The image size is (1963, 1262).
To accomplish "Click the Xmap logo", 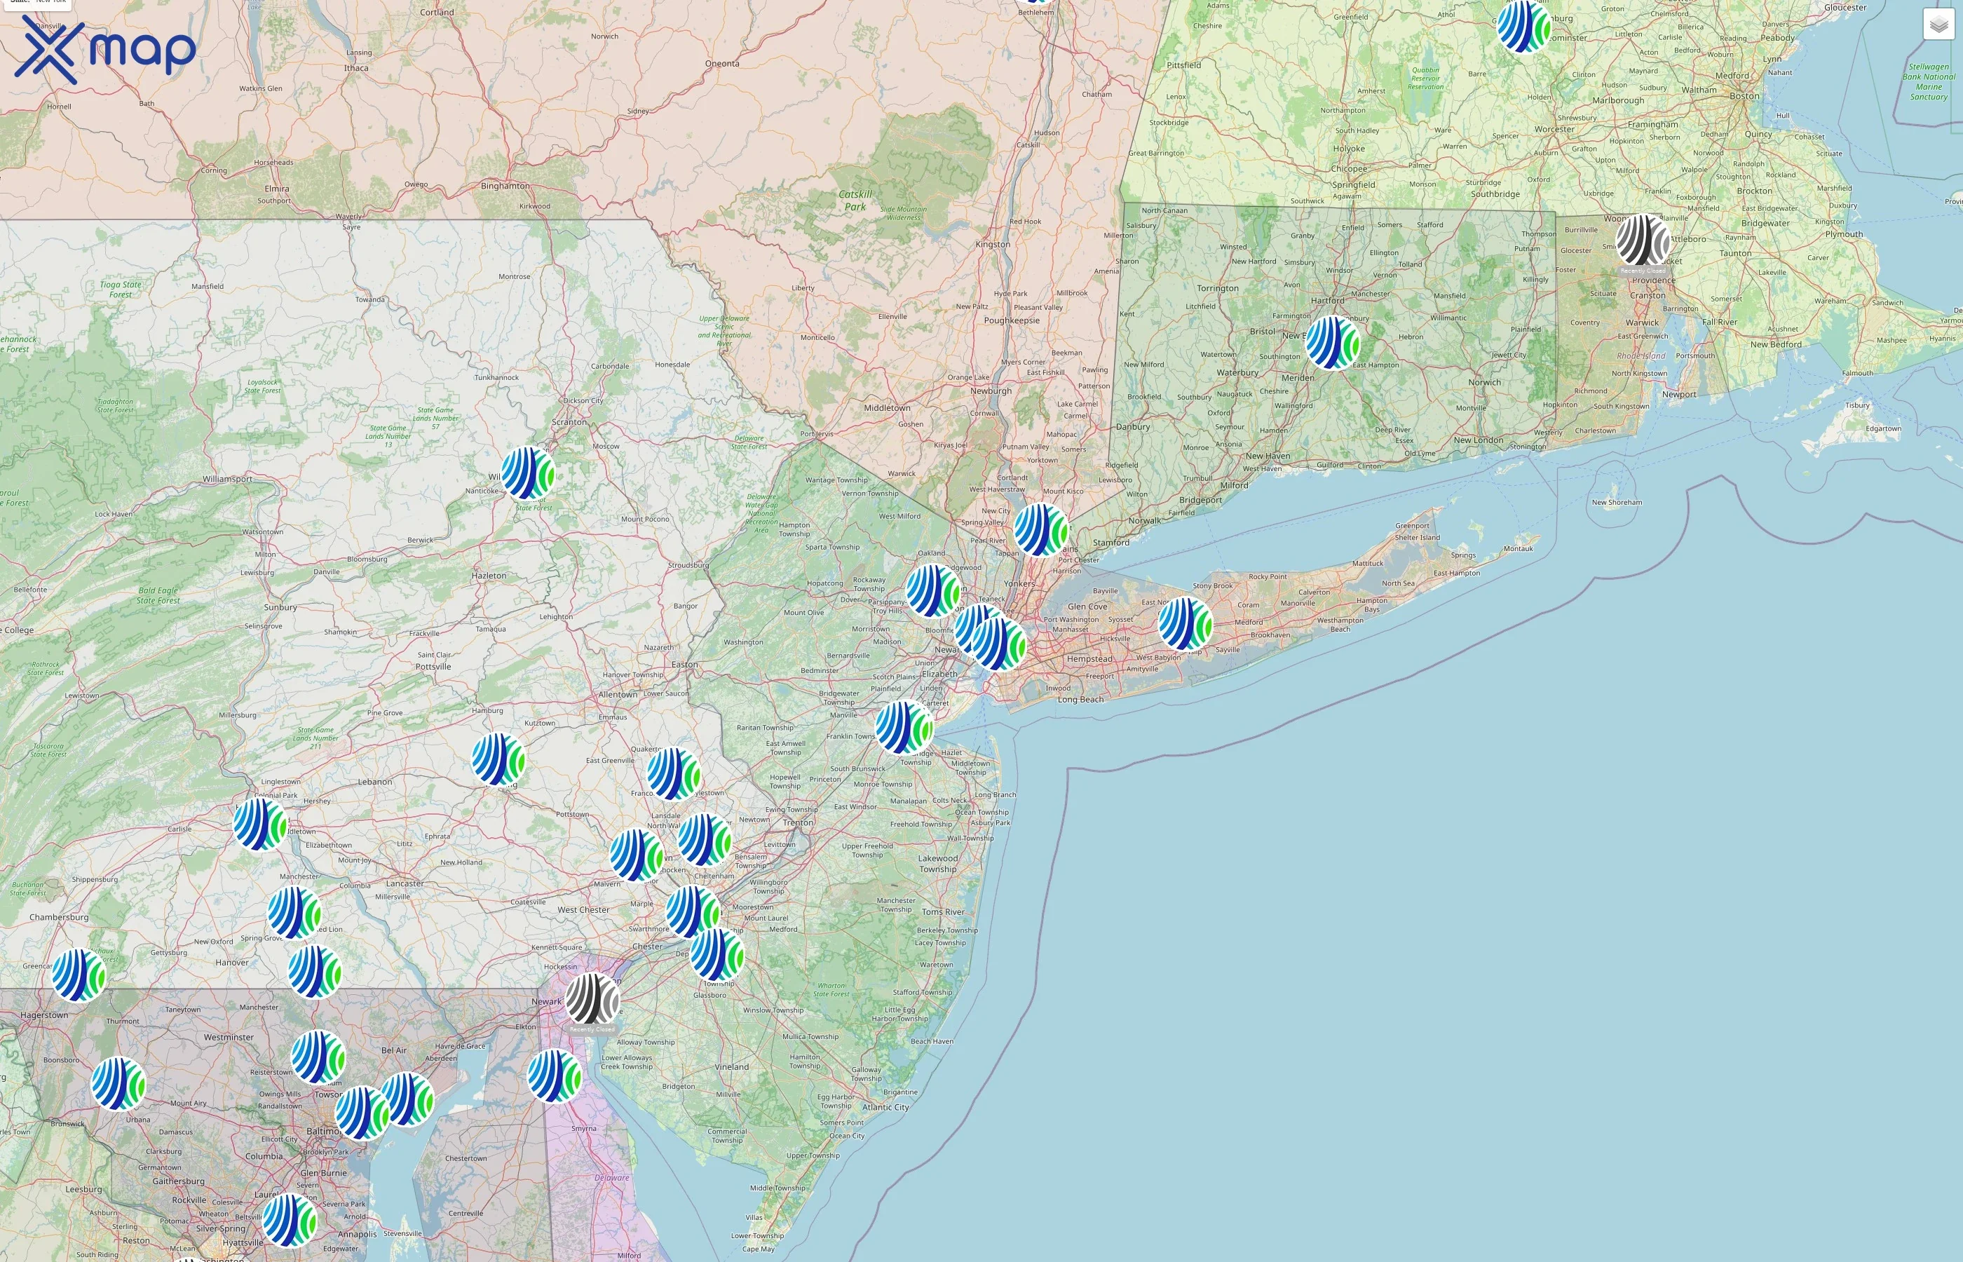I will tap(105, 49).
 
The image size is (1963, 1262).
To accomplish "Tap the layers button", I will tap(1938, 25).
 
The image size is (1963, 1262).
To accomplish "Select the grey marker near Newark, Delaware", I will tap(592, 998).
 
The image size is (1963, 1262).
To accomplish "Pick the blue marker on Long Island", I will tap(1185, 623).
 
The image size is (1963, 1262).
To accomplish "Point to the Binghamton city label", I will tap(505, 186).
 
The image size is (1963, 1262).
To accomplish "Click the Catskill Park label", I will tap(855, 201).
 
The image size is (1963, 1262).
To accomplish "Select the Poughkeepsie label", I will tap(1011, 320).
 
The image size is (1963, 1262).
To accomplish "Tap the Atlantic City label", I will tap(885, 1107).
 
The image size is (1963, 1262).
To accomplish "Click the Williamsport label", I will tap(227, 479).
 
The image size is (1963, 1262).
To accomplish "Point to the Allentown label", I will tap(618, 694).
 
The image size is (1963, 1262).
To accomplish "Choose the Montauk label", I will tap(1517, 548).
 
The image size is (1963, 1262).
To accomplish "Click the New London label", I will tap(1478, 440).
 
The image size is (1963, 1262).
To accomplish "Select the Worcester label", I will tap(1554, 130).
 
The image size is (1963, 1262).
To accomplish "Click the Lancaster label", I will tap(405, 883).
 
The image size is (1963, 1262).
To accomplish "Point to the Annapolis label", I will tap(358, 1234).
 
